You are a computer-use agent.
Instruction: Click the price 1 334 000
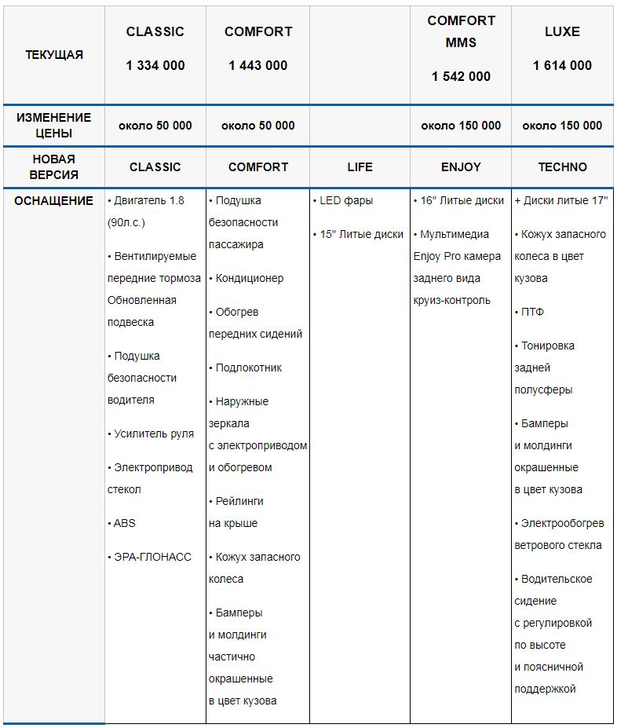(x=155, y=65)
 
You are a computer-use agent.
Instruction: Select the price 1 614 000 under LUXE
(x=562, y=65)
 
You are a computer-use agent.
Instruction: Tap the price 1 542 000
(x=461, y=76)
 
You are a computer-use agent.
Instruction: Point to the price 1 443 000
(x=258, y=65)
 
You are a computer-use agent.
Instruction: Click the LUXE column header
(x=562, y=31)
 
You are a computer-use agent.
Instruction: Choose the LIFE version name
(x=360, y=166)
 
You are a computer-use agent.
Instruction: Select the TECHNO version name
(x=562, y=166)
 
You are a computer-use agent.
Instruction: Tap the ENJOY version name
(x=461, y=166)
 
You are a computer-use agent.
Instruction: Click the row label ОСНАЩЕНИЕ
(x=54, y=200)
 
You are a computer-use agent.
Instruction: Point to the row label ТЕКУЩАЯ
(x=54, y=55)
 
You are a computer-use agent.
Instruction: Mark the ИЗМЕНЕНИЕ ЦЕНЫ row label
(x=54, y=125)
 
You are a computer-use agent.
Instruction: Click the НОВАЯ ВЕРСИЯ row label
(x=54, y=166)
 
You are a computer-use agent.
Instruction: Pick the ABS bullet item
(x=124, y=523)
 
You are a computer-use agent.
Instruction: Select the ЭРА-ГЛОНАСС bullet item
(x=152, y=557)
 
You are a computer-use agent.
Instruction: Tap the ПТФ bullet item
(x=532, y=312)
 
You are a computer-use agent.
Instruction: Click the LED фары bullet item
(x=346, y=200)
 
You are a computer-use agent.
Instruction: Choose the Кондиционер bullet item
(x=250, y=278)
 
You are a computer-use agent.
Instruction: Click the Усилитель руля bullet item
(x=153, y=434)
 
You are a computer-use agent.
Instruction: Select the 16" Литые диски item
(x=462, y=200)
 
